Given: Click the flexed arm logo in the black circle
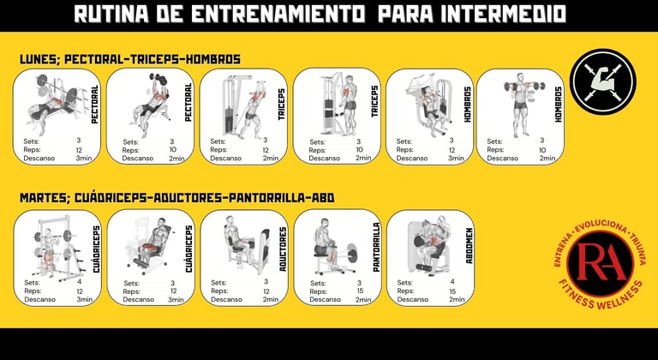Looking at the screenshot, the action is [x=602, y=82].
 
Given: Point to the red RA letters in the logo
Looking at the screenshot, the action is [x=600, y=263].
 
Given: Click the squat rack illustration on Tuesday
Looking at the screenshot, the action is [x=57, y=248].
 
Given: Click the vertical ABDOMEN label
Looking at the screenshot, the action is [x=470, y=246].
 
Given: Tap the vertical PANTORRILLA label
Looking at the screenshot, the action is [x=376, y=247].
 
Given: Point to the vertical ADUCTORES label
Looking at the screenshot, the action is [x=284, y=249].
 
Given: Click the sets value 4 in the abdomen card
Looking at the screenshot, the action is [x=452, y=282].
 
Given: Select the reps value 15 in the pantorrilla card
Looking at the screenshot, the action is [x=360, y=291].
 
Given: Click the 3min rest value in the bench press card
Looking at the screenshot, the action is [x=84, y=159].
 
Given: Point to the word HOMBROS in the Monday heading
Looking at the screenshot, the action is [x=212, y=59].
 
